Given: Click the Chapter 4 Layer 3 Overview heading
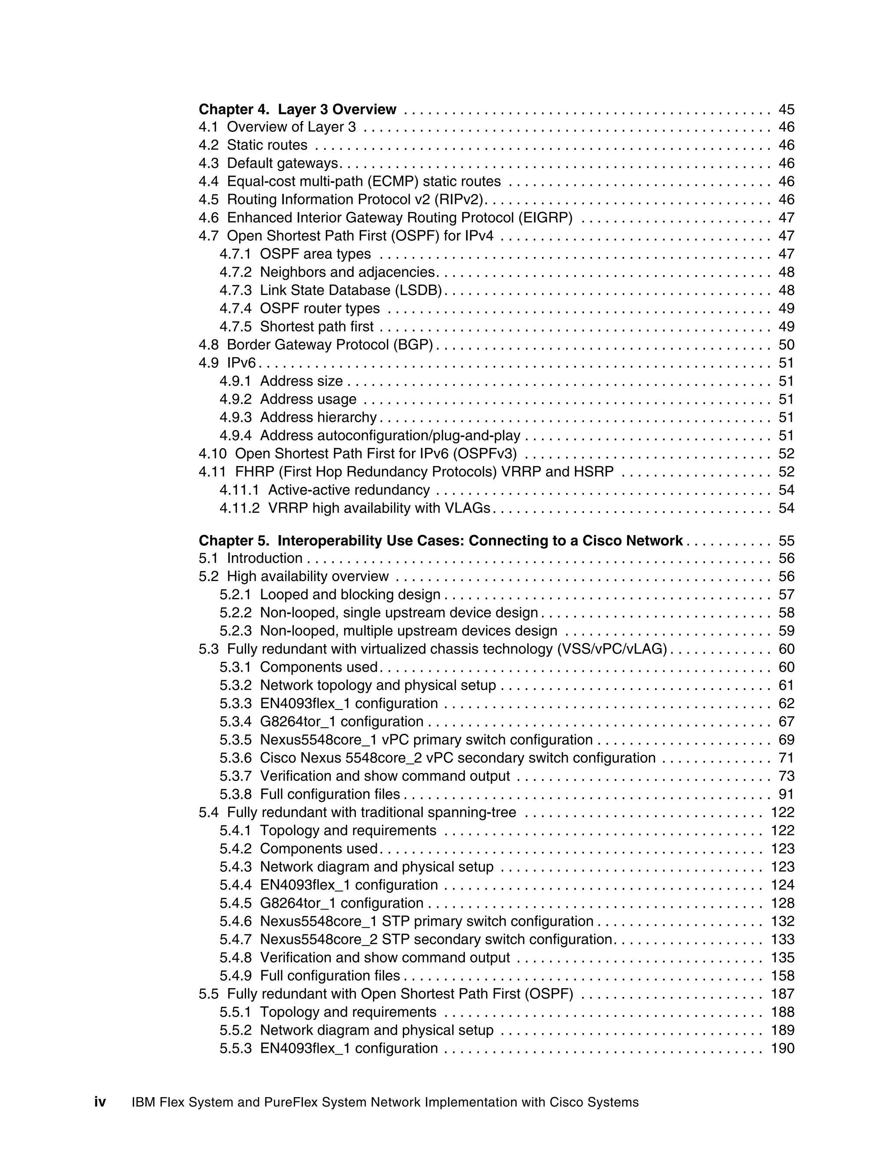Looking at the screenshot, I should [x=297, y=109].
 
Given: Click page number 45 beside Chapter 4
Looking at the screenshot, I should [x=786, y=109].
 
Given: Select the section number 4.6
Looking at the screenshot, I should [x=208, y=217].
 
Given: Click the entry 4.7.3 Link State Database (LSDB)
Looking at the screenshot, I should [x=330, y=290].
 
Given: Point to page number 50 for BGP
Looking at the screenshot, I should [x=786, y=345].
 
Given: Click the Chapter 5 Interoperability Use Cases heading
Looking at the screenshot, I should [x=440, y=541].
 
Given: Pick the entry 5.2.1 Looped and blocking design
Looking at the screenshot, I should [x=330, y=595].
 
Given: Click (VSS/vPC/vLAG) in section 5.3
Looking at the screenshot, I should [x=612, y=649].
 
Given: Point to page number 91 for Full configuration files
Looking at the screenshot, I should [x=786, y=794].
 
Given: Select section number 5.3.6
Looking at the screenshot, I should [x=235, y=758].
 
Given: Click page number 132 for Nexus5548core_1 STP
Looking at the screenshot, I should [x=782, y=921].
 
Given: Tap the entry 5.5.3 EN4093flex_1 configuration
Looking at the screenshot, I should [x=329, y=1048].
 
